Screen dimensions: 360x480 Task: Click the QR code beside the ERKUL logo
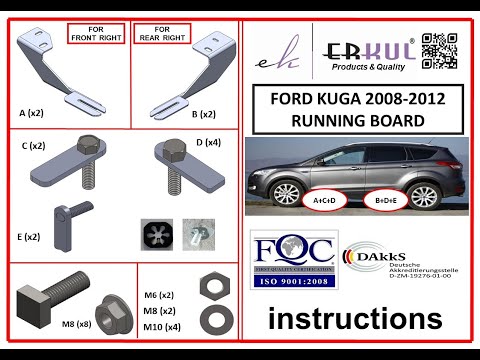click(441, 51)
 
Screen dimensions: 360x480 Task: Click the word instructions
click(355, 319)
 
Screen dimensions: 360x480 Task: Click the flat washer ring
click(211, 319)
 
